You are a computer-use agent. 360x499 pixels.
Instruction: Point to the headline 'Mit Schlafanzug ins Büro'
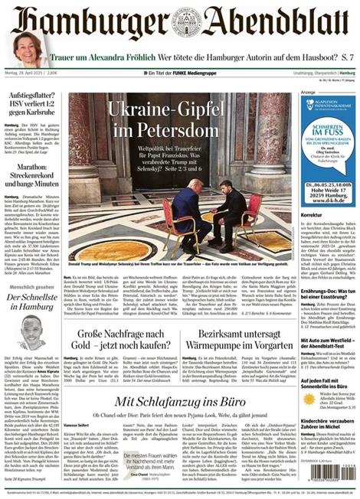(x=180, y=403)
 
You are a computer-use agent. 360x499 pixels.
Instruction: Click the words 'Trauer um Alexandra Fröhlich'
(x=98, y=57)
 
